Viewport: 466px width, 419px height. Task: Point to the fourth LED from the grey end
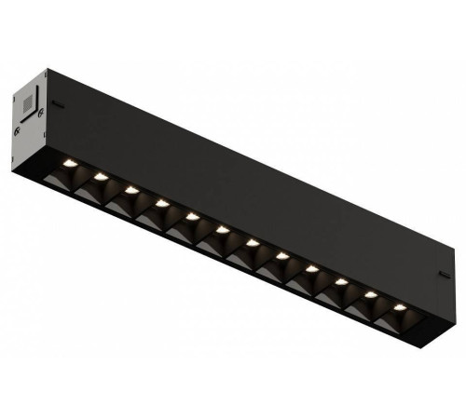[x=162, y=202]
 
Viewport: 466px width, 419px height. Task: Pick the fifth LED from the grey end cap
[x=192, y=215]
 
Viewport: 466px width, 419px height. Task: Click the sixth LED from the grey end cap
[x=222, y=228]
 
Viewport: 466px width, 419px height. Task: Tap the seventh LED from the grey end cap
[x=252, y=241]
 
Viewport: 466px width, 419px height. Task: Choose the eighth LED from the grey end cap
[x=281, y=254]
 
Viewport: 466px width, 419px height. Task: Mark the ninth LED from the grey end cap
[x=311, y=267]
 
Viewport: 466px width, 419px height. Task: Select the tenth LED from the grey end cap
[x=341, y=280]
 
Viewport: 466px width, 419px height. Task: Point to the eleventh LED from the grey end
[x=371, y=293]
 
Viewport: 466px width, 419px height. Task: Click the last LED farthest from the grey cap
[x=400, y=306]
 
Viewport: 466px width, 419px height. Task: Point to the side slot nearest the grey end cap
[x=58, y=104]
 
